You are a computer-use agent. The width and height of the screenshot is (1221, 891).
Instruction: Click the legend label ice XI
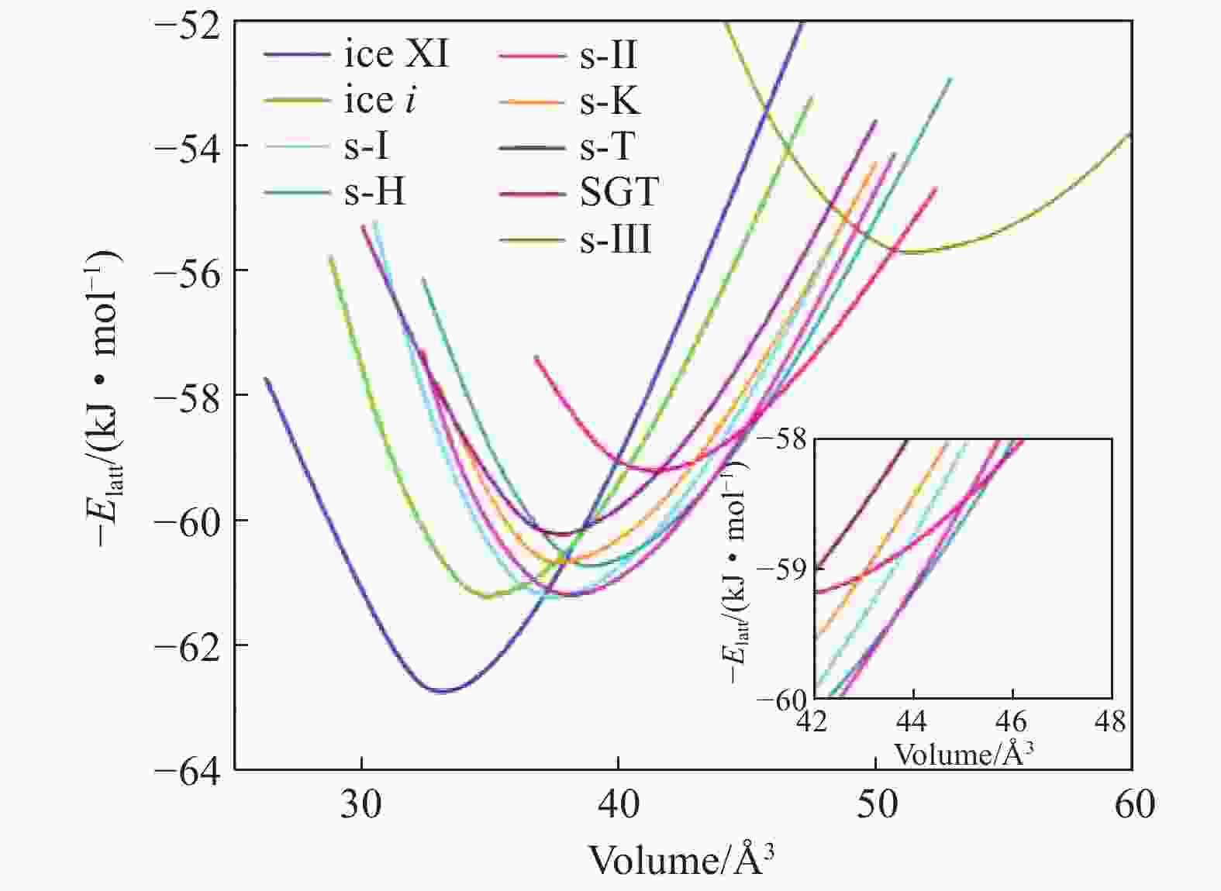[x=396, y=55]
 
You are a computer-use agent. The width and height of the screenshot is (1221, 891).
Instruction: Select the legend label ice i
[x=379, y=101]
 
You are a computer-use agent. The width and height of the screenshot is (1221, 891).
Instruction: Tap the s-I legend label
[x=366, y=146]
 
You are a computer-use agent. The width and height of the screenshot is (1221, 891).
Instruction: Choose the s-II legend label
[x=609, y=55]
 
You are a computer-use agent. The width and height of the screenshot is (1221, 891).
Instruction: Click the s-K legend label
[x=610, y=101]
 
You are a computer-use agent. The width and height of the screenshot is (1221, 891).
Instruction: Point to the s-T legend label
[x=608, y=146]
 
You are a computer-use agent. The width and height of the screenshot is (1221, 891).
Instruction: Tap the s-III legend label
[x=616, y=239]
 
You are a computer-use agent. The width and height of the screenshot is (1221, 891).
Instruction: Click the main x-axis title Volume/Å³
[x=681, y=859]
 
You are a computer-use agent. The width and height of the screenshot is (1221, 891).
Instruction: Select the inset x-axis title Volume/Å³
[x=964, y=753]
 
